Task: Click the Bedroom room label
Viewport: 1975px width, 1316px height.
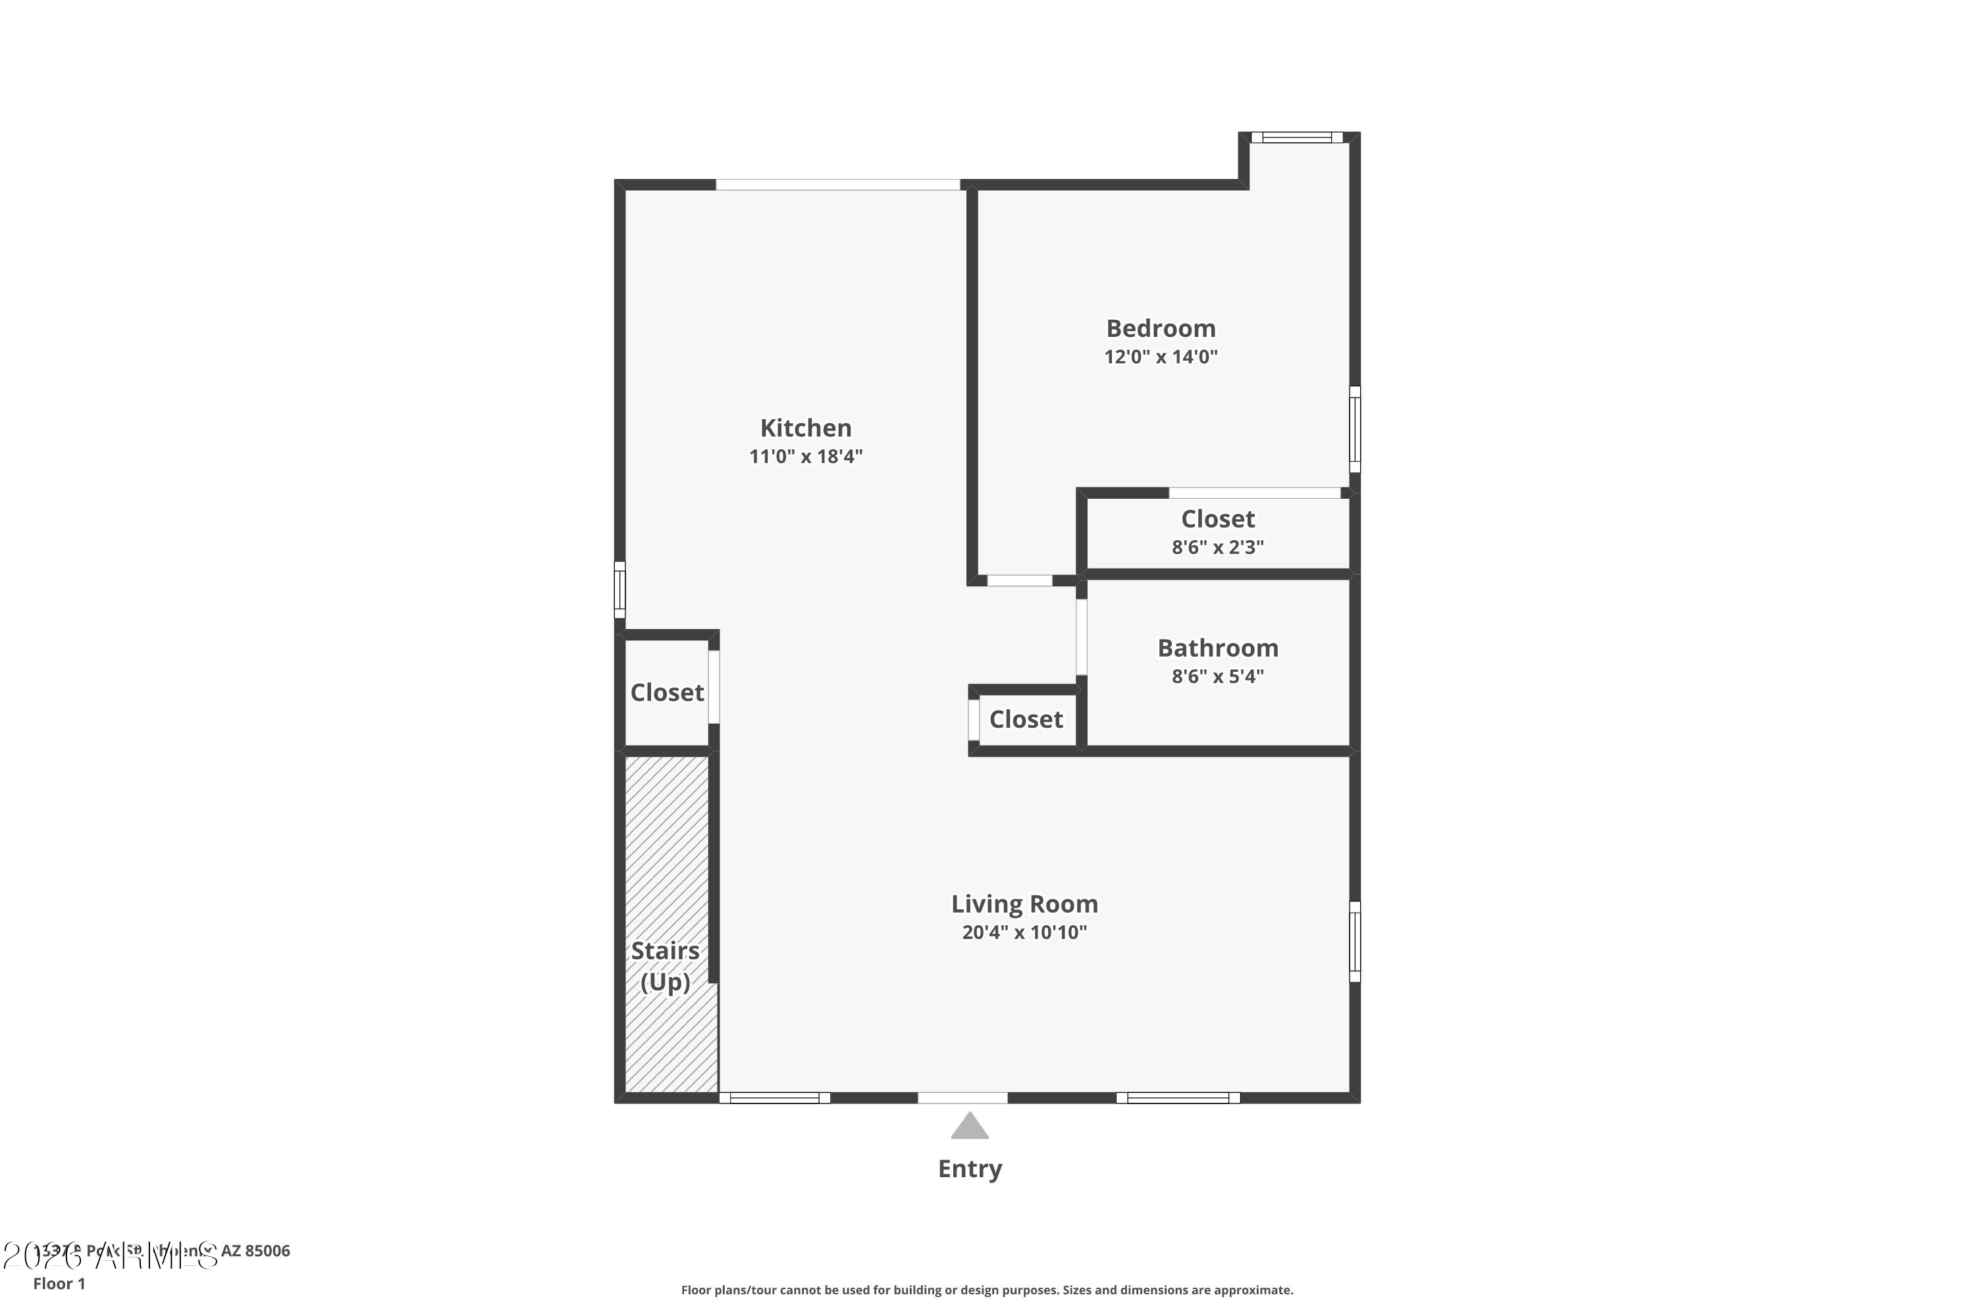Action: (x=1161, y=328)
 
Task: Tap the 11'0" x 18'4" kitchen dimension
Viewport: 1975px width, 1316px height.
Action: (x=806, y=457)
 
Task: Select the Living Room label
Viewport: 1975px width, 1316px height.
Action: (x=1024, y=904)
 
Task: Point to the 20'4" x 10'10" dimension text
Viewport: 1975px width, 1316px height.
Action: (x=1024, y=932)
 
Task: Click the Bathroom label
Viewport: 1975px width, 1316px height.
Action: (x=1217, y=648)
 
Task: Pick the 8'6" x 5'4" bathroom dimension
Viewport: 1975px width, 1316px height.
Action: (x=1217, y=676)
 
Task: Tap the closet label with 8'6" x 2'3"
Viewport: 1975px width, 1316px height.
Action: (x=1217, y=519)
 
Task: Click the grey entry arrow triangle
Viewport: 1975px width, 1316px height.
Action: (x=970, y=1127)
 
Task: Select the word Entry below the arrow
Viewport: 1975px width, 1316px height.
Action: (x=970, y=1169)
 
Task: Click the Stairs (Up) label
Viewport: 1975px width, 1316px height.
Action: (x=665, y=966)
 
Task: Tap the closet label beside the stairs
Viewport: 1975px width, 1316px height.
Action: (x=667, y=692)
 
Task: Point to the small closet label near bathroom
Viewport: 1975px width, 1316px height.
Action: (x=1025, y=719)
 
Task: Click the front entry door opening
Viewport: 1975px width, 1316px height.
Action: (x=962, y=1098)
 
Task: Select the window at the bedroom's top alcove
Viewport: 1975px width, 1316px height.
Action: (x=1296, y=138)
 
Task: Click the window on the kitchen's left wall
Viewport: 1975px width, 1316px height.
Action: (x=619, y=590)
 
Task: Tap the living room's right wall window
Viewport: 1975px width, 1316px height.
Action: (x=1354, y=942)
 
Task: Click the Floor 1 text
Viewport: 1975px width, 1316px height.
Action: (x=59, y=1283)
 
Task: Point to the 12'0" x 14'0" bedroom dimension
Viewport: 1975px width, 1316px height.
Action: (x=1161, y=357)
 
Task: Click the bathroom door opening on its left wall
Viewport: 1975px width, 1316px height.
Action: (x=1082, y=636)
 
